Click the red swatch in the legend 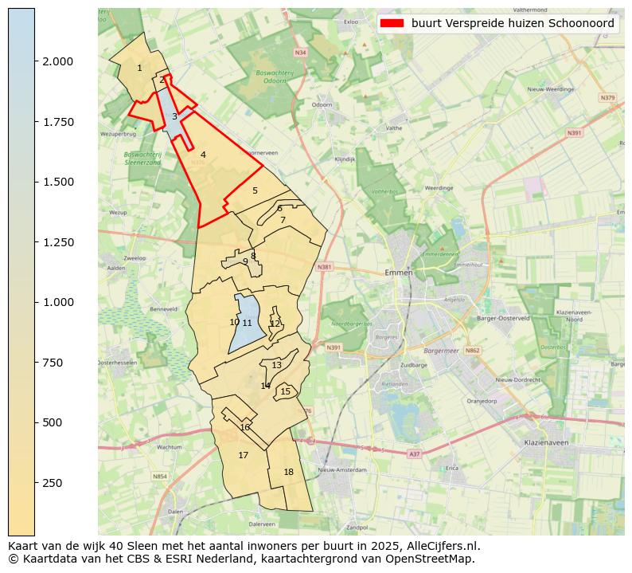[392, 24]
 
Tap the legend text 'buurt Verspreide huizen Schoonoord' [513, 24]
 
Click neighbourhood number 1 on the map [139, 69]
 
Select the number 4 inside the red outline [203, 155]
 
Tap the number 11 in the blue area [247, 323]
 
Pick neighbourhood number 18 [288, 473]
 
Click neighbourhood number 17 [243, 456]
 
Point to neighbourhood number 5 [255, 191]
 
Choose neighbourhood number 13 [276, 366]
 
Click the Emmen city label [398, 273]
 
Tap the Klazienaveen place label [545, 442]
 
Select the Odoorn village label [322, 104]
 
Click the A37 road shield [414, 454]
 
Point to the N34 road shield [300, 53]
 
